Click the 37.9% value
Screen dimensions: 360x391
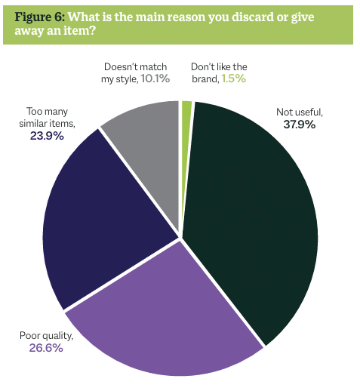pos(300,125)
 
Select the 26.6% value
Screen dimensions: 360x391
pos(46,348)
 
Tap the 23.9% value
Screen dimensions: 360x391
pos(47,136)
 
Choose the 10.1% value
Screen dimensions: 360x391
pos(155,79)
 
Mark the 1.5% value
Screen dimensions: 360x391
pos(234,79)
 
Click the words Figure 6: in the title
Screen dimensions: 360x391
pos(40,17)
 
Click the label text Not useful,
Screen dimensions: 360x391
pos(300,112)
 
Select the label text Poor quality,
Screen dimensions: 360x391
pos(47,336)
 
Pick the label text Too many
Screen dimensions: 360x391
pos(48,112)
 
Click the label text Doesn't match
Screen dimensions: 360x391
pos(135,66)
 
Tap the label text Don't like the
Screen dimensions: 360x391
pos(219,66)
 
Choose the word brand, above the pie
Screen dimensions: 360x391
pos(205,79)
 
